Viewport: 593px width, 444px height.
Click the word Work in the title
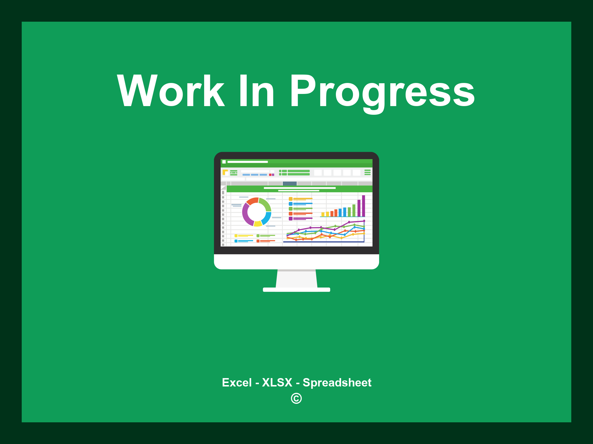coord(171,91)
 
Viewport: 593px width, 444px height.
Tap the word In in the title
coord(257,91)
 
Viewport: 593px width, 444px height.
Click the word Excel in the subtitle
coord(237,382)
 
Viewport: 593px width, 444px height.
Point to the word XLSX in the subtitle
coord(277,382)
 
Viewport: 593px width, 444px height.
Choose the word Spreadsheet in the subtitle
coord(337,383)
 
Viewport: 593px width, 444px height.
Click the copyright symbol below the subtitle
coord(296,398)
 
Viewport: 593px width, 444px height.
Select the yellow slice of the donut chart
coord(258,223)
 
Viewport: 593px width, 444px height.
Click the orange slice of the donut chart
coord(252,201)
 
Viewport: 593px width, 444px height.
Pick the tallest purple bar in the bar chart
coord(363,206)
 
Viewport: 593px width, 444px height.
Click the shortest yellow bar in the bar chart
coord(323,214)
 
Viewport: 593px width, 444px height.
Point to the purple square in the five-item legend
coord(290,219)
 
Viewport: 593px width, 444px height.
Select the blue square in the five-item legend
coord(290,204)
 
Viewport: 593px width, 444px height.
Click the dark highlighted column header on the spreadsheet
coord(290,184)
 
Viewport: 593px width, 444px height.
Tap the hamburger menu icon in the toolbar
coord(367,172)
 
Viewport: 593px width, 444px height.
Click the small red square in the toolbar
coord(270,175)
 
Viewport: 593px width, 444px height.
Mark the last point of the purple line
coord(364,221)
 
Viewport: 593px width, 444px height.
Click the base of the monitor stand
coord(296,290)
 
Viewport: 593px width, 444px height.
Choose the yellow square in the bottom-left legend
coord(236,236)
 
